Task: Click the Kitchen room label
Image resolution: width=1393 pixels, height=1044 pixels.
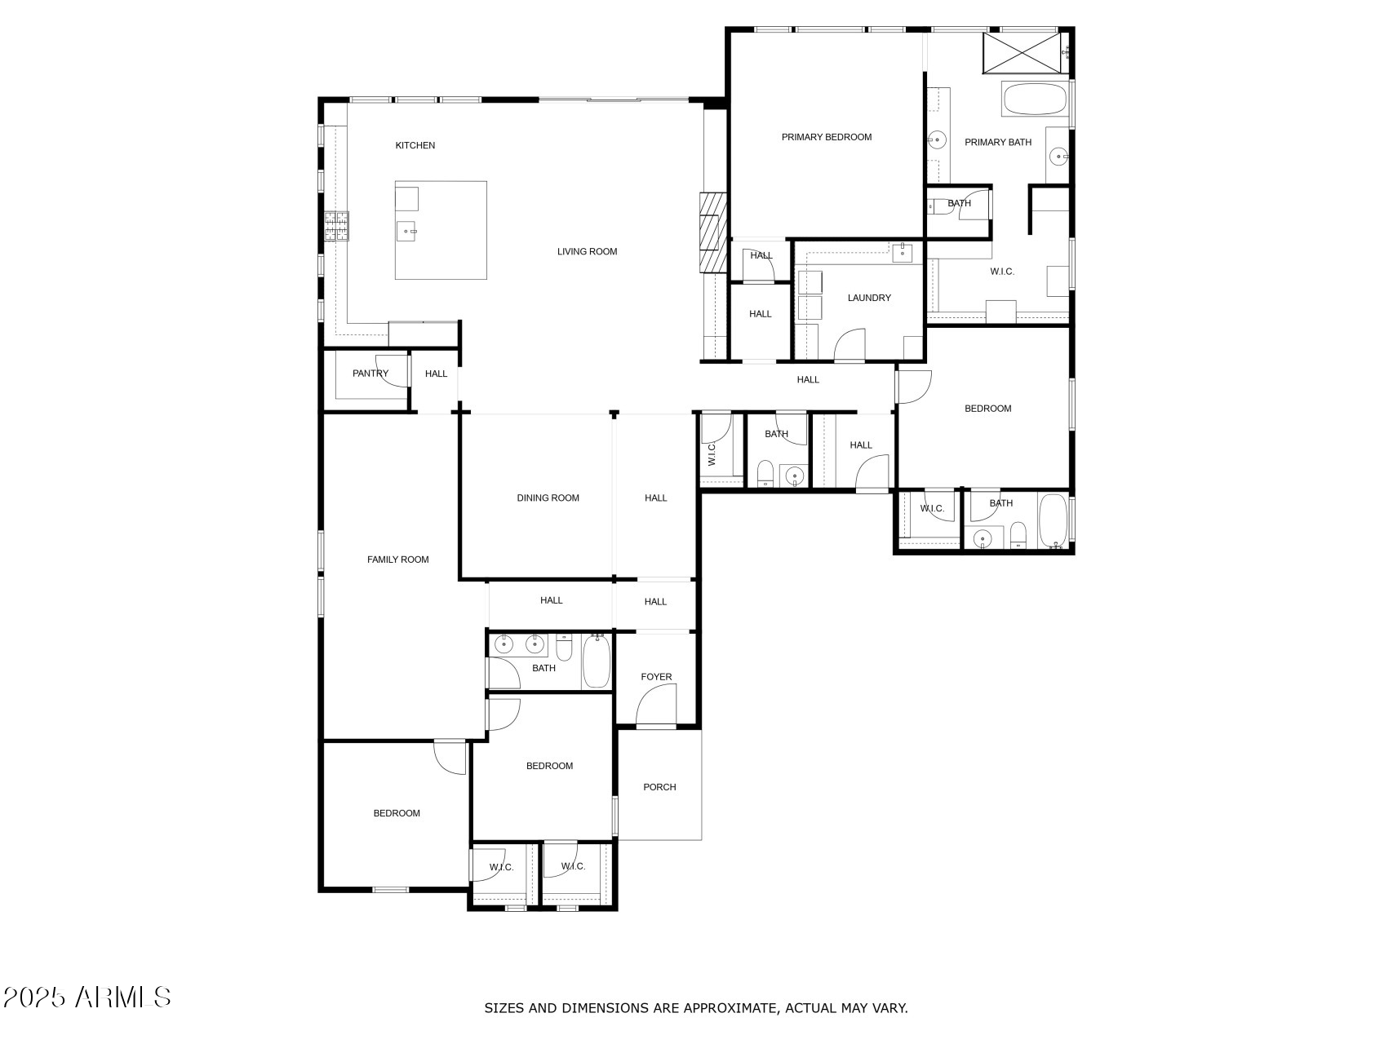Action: coord(415,145)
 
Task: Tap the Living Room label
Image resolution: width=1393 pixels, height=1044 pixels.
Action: coord(587,251)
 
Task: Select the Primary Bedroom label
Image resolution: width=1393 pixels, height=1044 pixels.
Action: coord(827,137)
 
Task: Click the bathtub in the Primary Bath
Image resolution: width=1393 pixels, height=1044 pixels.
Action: coord(1034,100)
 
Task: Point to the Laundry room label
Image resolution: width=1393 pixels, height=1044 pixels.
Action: coord(869,298)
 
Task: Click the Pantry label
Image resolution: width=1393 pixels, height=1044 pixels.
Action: coord(370,374)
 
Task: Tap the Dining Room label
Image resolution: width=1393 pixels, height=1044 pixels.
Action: coord(548,498)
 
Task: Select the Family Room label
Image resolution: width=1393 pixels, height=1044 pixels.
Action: coord(397,560)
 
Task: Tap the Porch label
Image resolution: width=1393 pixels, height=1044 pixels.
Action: coord(659,787)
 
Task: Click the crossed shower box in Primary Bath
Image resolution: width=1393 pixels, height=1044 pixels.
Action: coord(1023,53)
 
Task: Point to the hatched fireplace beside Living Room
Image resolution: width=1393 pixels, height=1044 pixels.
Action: coord(712,232)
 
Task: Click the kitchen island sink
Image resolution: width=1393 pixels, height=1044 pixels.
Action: coord(409,232)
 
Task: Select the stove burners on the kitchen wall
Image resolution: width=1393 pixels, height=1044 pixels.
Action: coord(337,226)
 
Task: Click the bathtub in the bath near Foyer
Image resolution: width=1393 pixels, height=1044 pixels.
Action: coord(597,661)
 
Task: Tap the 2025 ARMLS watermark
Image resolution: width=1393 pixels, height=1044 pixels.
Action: coord(87,997)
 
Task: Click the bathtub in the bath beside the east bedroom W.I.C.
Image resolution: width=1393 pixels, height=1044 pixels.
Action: coord(1053,520)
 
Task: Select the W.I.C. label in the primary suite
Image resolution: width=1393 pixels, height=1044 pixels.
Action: coord(1002,272)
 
